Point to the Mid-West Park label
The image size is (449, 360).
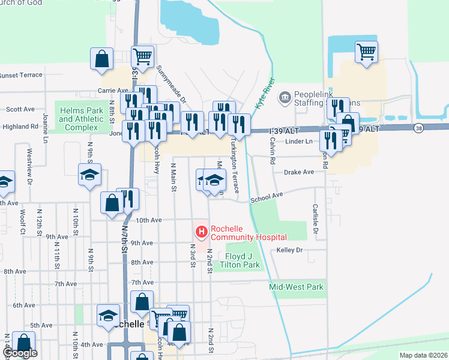point(297,287)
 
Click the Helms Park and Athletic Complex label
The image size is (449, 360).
point(78,115)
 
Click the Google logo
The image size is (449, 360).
point(20,353)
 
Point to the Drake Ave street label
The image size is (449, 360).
point(299,172)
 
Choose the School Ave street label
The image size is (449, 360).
point(266,196)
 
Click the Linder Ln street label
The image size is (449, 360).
point(300,142)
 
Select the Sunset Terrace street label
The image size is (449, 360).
point(21,75)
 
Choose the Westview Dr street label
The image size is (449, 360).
point(28,166)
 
